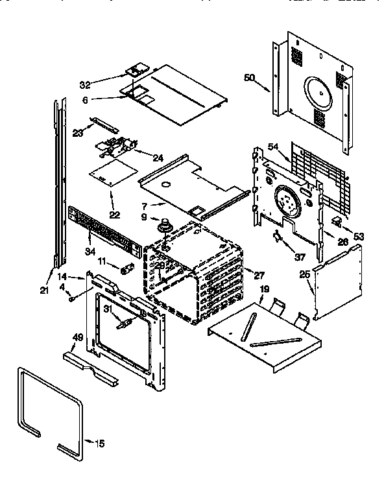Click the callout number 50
coord(249,78)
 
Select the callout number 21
coord(44,290)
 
